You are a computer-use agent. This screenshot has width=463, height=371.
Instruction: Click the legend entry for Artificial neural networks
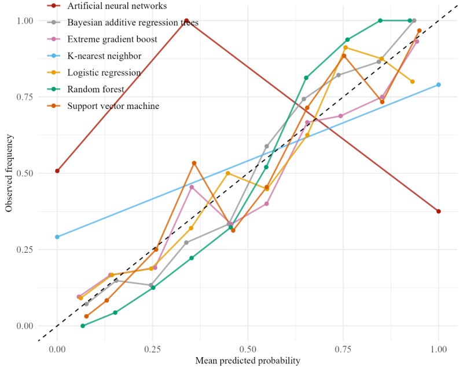tap(117, 6)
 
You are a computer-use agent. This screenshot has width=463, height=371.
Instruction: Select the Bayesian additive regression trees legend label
tap(133, 23)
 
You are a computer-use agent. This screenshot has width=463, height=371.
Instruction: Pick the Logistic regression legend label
tap(104, 72)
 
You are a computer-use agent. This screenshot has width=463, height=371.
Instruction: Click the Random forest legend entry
tap(95, 89)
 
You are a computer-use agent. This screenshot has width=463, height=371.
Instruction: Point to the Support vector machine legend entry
tap(113, 106)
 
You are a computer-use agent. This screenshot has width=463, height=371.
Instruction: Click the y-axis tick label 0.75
tap(25, 97)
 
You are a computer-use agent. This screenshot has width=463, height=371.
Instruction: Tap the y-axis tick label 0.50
tap(25, 173)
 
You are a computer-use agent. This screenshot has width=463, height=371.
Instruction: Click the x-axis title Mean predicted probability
tap(248, 361)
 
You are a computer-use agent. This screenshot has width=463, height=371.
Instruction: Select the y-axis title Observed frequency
tap(9, 173)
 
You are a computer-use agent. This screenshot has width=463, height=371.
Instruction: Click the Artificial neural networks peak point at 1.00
tap(186, 20)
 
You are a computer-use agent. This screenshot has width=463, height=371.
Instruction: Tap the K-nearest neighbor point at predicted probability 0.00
tap(57, 237)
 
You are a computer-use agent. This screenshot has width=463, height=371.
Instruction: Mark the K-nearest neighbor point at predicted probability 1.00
tap(439, 85)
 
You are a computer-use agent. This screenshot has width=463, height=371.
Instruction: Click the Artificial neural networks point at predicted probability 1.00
tap(439, 211)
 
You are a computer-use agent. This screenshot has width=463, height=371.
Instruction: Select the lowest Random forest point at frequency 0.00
tap(83, 326)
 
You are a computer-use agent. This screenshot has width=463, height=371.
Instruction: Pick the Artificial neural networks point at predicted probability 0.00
tap(57, 171)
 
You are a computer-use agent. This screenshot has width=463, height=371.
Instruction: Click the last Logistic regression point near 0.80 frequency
tap(413, 81)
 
